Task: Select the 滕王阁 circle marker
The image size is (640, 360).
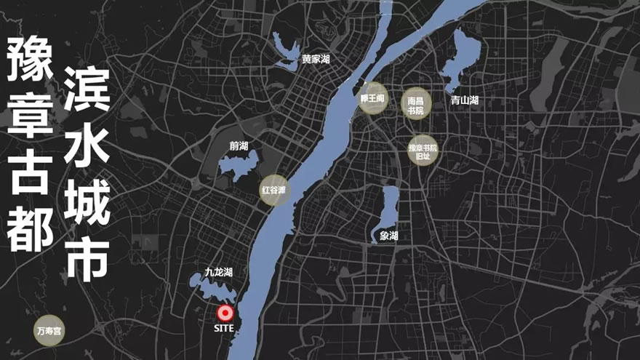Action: tap(373, 98)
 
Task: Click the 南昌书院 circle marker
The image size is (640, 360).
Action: tap(416, 103)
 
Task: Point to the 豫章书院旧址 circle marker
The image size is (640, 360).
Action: tap(423, 151)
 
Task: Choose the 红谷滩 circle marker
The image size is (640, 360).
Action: tap(276, 191)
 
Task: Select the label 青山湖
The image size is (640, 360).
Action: tap(464, 100)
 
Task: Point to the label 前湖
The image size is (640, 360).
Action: tap(239, 145)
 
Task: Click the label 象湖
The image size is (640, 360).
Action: tap(389, 236)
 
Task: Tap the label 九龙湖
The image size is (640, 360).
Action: tap(218, 272)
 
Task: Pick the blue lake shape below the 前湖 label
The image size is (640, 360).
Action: tap(237, 167)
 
